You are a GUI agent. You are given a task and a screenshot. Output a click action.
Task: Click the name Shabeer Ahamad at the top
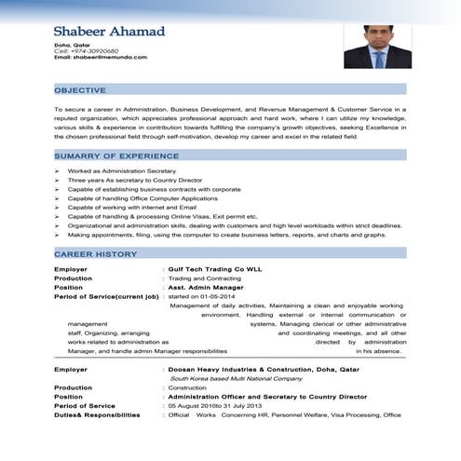tap(109, 32)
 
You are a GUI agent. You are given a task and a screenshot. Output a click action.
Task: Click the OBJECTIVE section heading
tap(80, 89)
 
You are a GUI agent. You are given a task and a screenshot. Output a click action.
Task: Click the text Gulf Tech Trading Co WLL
tap(209, 269)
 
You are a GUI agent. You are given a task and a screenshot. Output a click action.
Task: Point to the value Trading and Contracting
tap(200, 278)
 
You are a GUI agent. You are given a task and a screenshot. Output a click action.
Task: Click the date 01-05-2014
tap(220, 296)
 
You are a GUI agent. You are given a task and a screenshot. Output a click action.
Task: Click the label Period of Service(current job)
tap(105, 296)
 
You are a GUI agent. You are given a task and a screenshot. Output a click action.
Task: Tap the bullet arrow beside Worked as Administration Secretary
tap(57, 171)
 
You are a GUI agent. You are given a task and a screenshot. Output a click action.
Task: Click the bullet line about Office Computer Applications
tap(142, 198)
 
